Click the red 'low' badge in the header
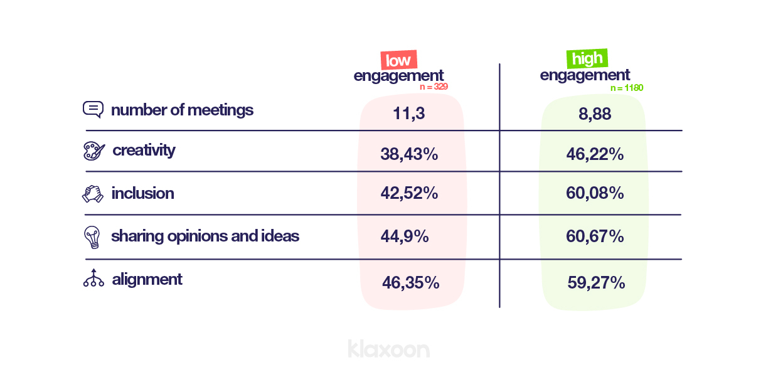pos(398,60)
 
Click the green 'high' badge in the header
pos(587,58)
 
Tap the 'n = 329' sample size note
pos(434,87)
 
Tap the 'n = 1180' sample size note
pos(627,88)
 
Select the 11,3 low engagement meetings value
pos(409,114)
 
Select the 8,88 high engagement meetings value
pos(594,114)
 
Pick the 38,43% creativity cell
pos(409,154)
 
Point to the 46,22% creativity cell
pos(595,154)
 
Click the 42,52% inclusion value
pos(409,193)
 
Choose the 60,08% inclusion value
pos(595,193)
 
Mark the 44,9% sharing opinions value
pos(405,236)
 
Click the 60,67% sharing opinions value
pos(595,236)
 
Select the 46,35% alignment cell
pos(410,283)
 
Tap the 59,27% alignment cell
pos(596,283)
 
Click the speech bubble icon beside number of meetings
pos(93,110)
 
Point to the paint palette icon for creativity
pos(93,151)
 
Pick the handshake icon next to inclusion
pos(93,193)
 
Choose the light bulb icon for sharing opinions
pos(92,236)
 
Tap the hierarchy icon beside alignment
pos(93,278)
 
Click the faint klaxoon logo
pos(388,349)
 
